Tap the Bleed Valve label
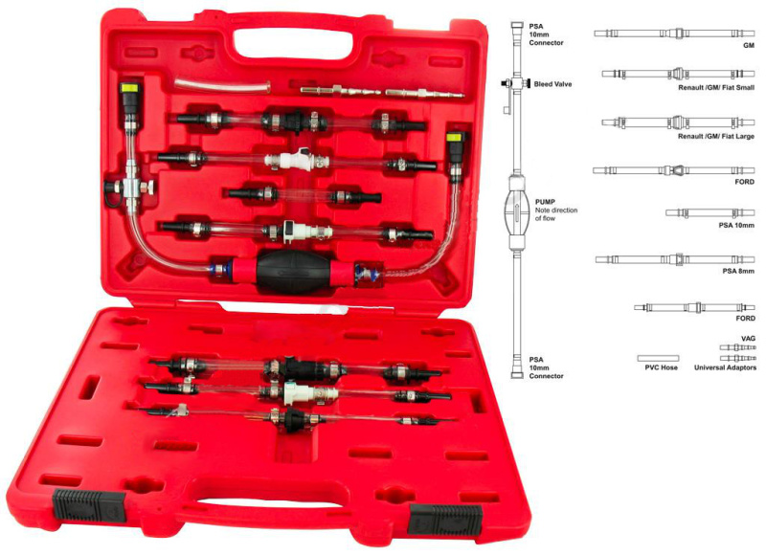tap(552, 84)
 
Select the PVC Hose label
tap(661, 367)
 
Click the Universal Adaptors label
tap(725, 367)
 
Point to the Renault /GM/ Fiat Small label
tap(715, 88)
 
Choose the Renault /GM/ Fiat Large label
tap(715, 136)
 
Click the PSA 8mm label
tap(738, 271)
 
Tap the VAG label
tap(748, 339)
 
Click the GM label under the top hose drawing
tap(749, 45)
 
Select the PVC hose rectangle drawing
tap(658, 358)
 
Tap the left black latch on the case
tap(88, 504)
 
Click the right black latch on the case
tap(445, 520)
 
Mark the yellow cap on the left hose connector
tap(130, 88)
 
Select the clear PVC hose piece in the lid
tap(223, 84)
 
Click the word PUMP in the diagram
tap(545, 202)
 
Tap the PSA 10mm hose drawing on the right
tap(710, 212)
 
